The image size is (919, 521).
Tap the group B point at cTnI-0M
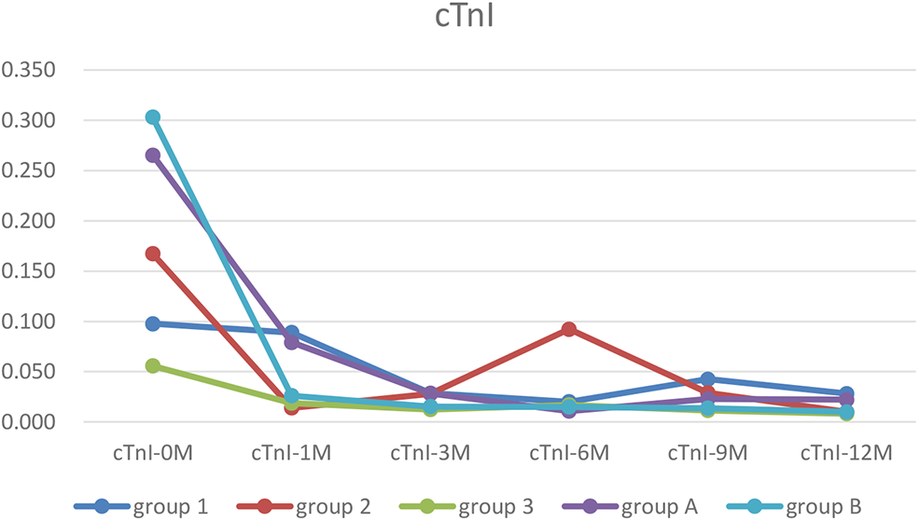pyautogui.click(x=152, y=117)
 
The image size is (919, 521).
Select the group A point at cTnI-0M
pyautogui.click(x=152, y=156)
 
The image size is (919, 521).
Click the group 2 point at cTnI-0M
pyautogui.click(x=152, y=254)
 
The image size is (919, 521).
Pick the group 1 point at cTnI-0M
pyautogui.click(x=152, y=323)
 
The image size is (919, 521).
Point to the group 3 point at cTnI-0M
pyautogui.click(x=152, y=366)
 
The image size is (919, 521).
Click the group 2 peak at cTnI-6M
pyautogui.click(x=568, y=329)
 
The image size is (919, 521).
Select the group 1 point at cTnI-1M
pyautogui.click(x=291, y=333)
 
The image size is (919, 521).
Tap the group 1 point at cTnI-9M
pyautogui.click(x=707, y=379)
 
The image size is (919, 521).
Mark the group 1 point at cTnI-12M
pyautogui.click(x=846, y=393)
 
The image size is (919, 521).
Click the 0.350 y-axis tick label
pyautogui.click(x=30, y=71)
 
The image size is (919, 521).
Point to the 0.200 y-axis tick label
pyautogui.click(x=30, y=222)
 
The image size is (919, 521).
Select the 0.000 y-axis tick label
pyautogui.click(x=30, y=422)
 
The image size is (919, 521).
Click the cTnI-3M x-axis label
pyautogui.click(x=430, y=454)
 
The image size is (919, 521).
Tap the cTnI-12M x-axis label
pyautogui.click(x=846, y=454)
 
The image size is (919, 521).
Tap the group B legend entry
pyautogui.click(x=792, y=506)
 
